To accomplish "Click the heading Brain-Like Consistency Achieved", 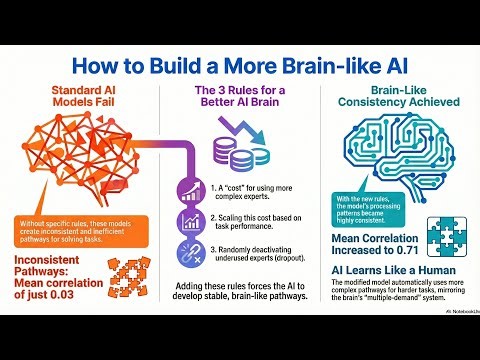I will tap(396, 99).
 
